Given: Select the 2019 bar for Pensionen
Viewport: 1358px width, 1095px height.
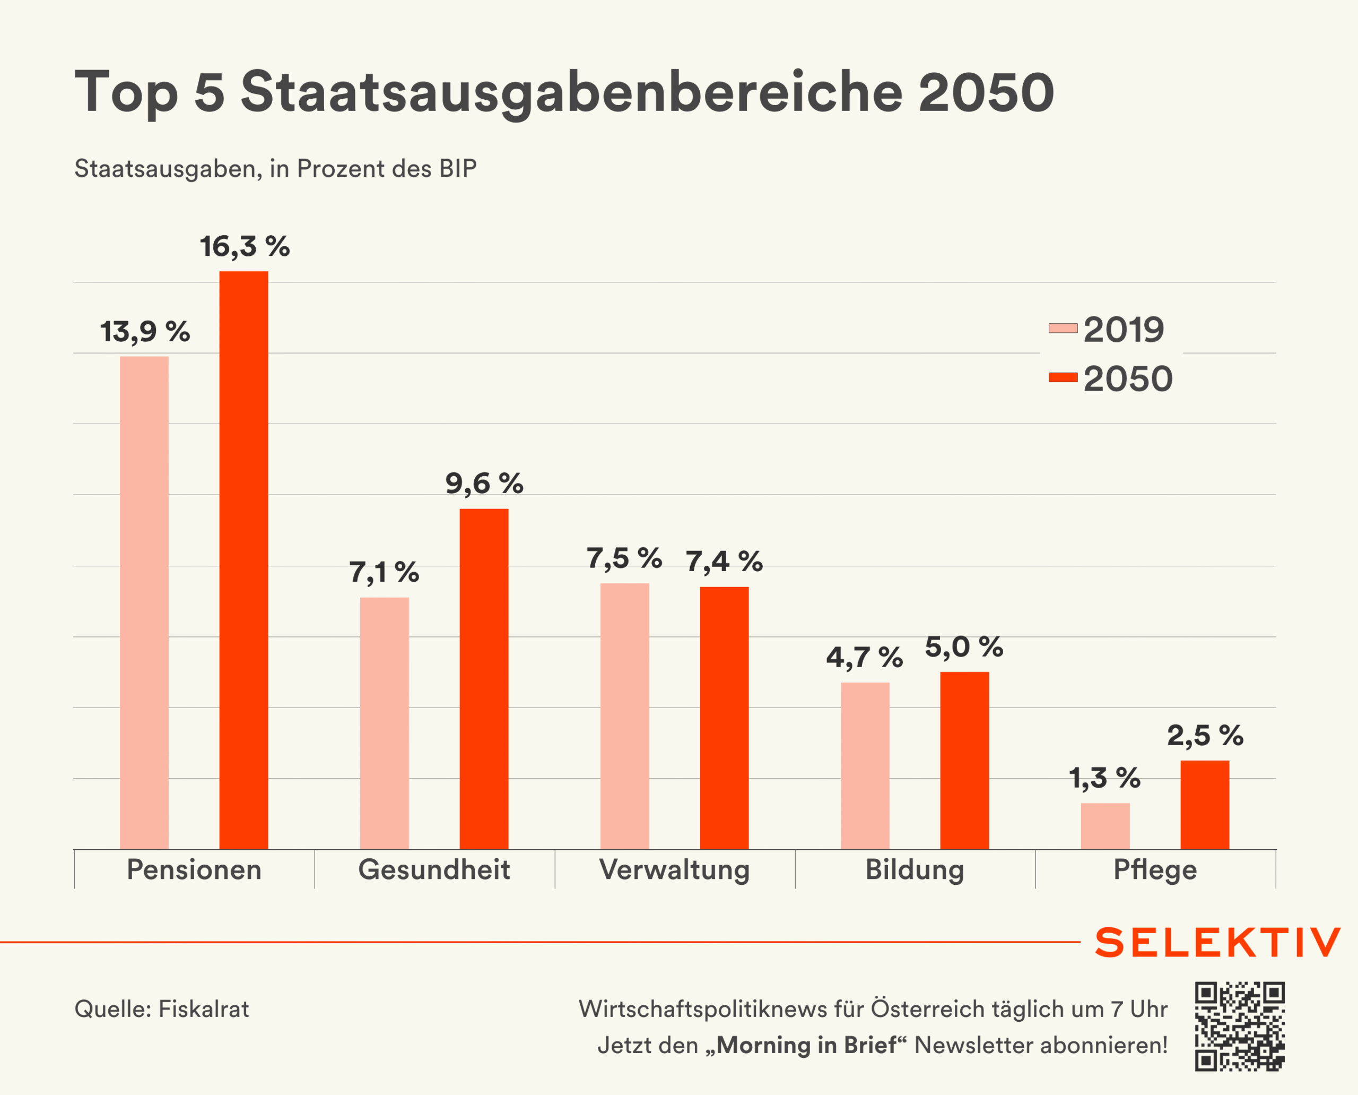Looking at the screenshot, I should tap(144, 602).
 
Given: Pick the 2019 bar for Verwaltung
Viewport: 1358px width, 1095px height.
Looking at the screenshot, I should tap(624, 716).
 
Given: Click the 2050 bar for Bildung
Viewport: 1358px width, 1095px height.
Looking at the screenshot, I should tap(964, 760).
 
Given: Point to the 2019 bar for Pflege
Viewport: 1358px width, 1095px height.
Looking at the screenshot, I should tap(1104, 826).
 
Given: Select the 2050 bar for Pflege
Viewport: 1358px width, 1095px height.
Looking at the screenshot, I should tap(1204, 804).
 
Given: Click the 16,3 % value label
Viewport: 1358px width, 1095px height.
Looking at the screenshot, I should tap(245, 247).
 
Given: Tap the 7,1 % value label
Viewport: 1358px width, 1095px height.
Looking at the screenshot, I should tap(384, 573).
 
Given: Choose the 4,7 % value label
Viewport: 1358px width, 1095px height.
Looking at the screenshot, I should tap(864, 657).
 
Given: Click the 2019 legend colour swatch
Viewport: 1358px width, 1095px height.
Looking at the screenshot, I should tap(1063, 328).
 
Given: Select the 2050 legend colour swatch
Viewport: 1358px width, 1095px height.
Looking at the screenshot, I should tap(1063, 377).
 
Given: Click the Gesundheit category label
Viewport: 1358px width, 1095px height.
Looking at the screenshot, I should tap(434, 869).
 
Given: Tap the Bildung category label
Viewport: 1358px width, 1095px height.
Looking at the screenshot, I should tap(914, 869).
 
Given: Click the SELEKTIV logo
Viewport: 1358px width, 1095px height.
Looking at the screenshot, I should tap(1217, 942).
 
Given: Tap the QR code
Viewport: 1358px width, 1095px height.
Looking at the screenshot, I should tap(1240, 1026).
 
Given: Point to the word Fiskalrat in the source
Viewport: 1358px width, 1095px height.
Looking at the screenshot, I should tap(204, 1008).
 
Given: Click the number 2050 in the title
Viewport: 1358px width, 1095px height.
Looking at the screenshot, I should tap(986, 93).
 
